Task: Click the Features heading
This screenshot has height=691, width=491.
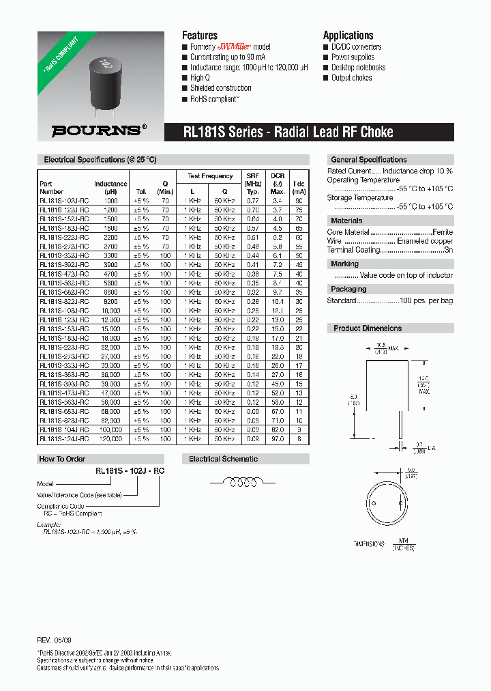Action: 200,35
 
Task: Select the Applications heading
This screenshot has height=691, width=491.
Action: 348,35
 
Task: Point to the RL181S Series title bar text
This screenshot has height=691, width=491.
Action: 288,132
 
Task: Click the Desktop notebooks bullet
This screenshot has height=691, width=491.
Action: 358,68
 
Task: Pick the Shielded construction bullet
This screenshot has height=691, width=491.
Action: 220,88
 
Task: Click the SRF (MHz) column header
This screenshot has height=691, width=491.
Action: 252,180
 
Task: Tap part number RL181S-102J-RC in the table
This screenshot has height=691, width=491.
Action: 64,201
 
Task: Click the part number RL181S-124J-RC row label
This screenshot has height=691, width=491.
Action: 64,439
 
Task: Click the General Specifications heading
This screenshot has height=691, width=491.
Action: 368,160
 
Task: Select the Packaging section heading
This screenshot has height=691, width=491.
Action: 348,290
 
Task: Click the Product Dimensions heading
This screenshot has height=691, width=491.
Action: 368,328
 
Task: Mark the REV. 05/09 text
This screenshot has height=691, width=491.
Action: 54,640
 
